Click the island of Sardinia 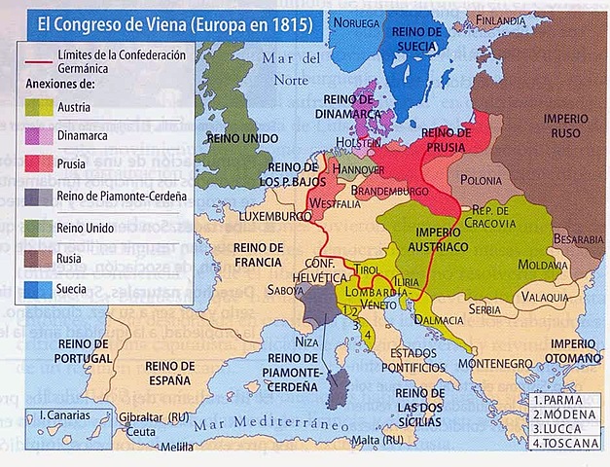click(336, 389)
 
